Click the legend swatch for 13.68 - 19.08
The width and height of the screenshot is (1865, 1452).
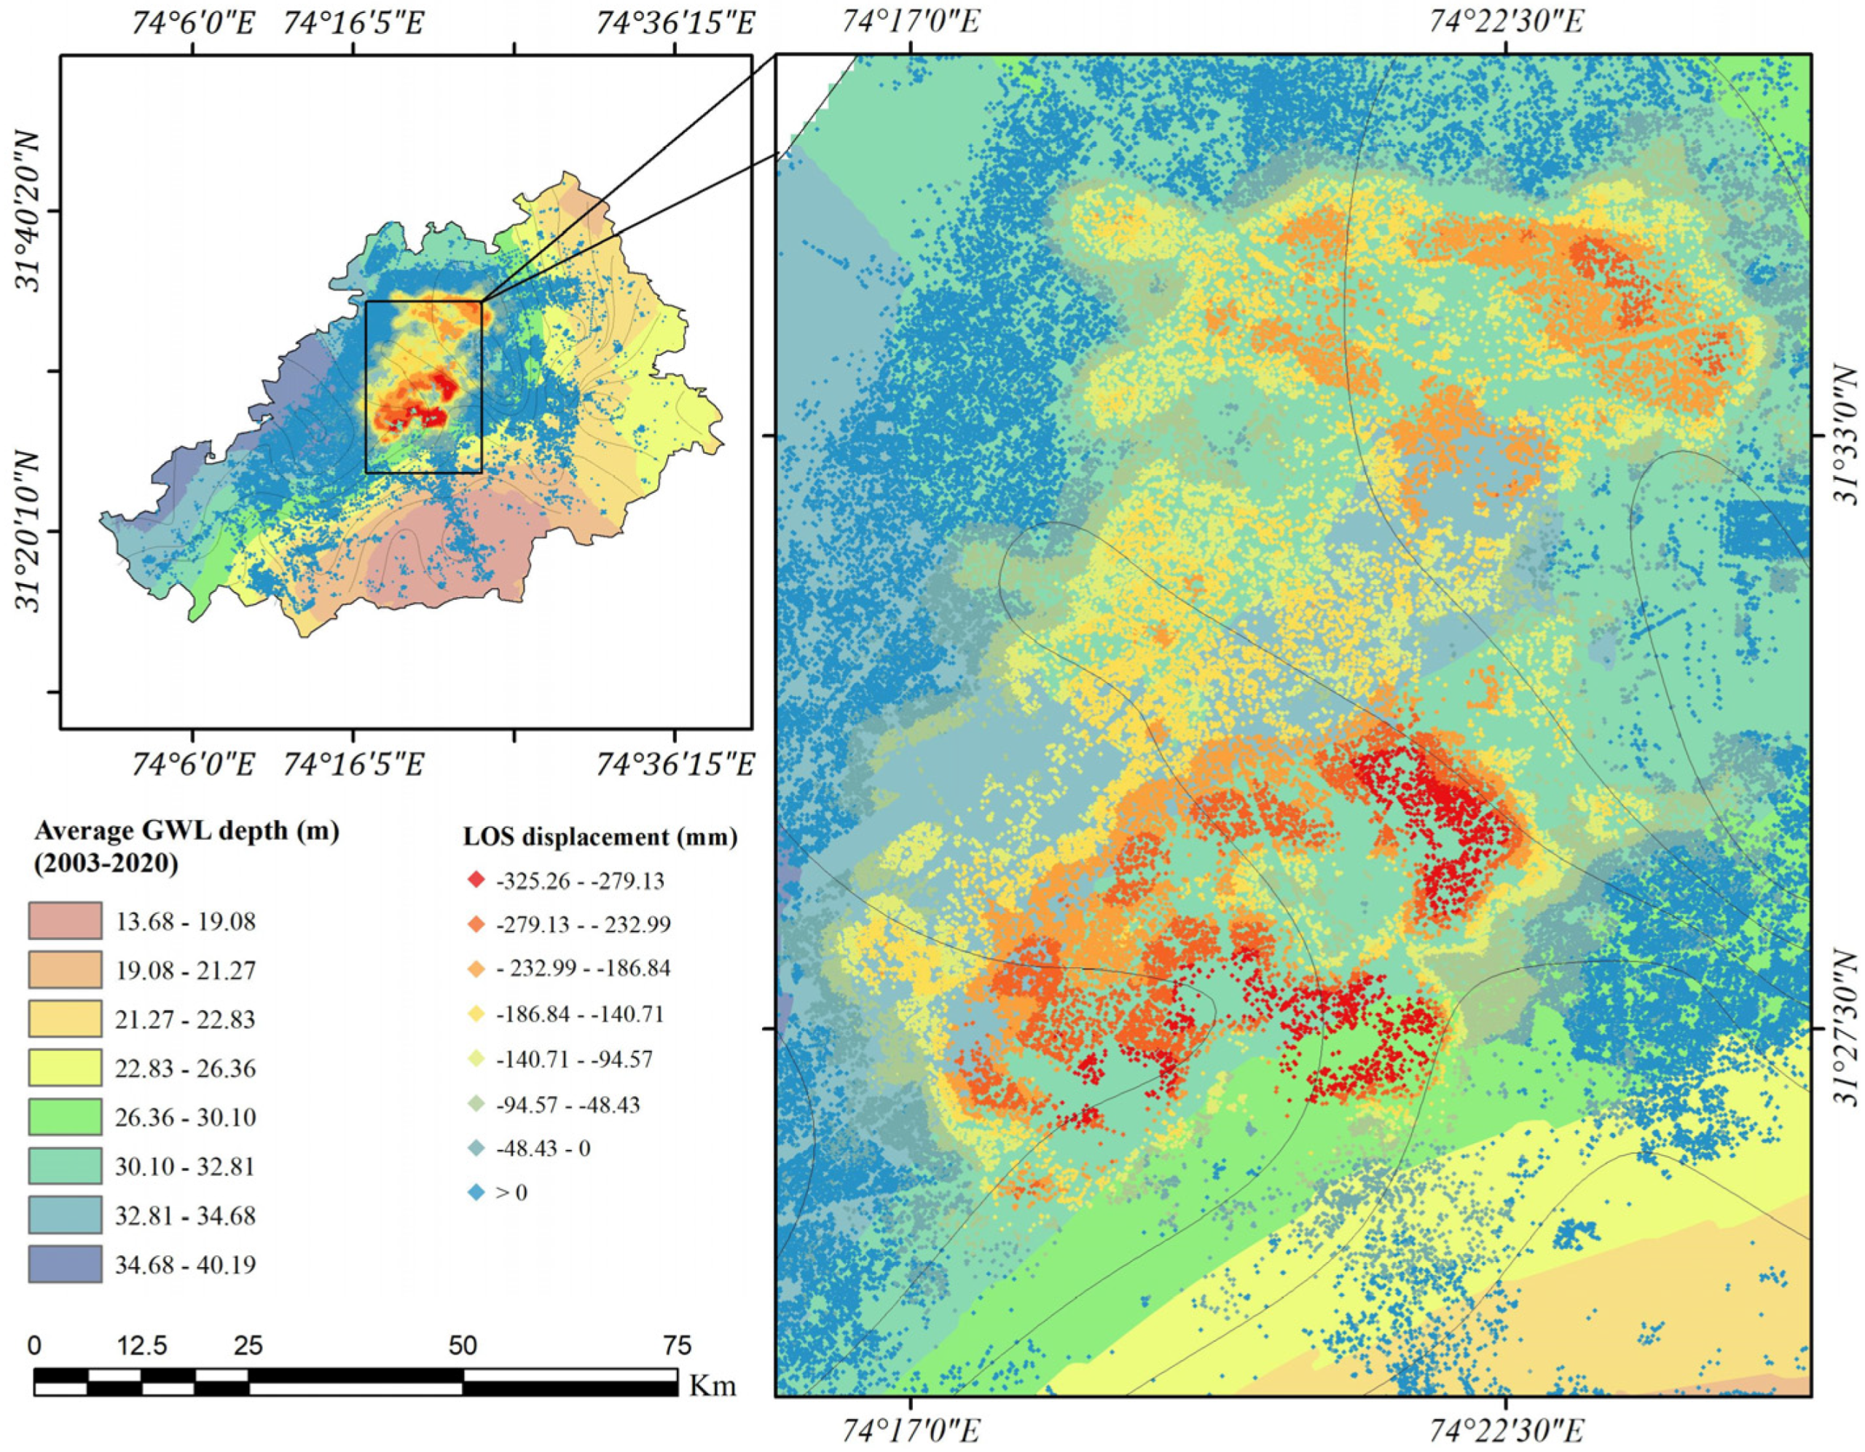pos(65,921)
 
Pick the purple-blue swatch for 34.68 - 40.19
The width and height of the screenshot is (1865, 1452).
pos(65,1263)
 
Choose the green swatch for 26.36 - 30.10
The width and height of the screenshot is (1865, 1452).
pos(65,1116)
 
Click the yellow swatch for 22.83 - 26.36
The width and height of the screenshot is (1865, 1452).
pos(65,1068)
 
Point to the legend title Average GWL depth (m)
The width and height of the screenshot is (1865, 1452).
pos(187,831)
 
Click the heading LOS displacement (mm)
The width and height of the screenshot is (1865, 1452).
pos(600,837)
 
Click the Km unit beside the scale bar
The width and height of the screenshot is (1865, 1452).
pos(712,1384)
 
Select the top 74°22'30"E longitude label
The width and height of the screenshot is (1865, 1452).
pos(1504,20)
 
